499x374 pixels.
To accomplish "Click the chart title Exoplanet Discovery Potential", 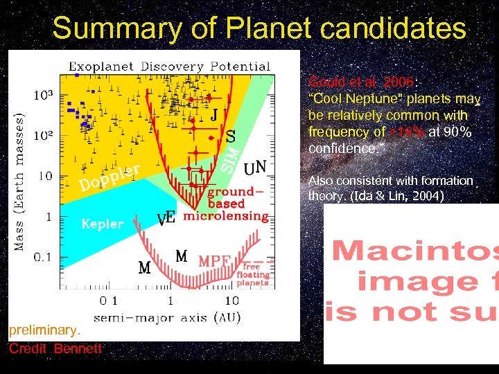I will coord(170,66).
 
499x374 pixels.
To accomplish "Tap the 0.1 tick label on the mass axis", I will coord(42,257).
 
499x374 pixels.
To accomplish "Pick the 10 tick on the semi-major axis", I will coord(232,301).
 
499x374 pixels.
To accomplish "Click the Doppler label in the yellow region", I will coord(111,177).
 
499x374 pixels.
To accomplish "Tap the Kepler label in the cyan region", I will coord(103,224).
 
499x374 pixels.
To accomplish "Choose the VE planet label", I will coord(166,219).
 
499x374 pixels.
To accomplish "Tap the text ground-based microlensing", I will coord(226,204).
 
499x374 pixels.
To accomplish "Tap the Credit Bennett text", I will coord(55,348).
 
